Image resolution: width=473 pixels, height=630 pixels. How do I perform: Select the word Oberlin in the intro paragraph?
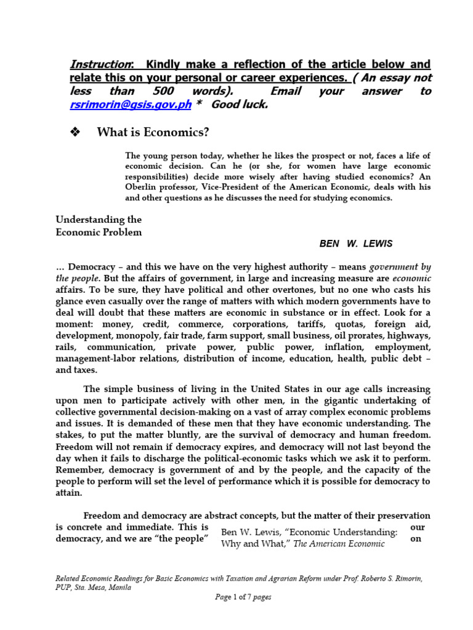point(142,188)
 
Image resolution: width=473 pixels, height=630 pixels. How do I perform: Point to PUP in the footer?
point(63,586)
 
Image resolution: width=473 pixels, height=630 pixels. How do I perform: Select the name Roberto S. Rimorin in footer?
point(382,578)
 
